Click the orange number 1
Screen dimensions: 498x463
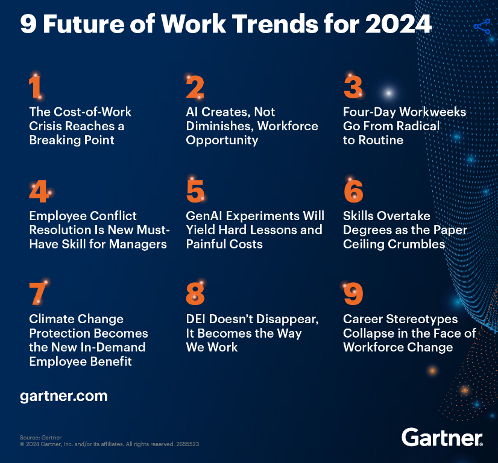[35, 87]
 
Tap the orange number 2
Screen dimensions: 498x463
[195, 87]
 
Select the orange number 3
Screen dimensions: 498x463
[353, 87]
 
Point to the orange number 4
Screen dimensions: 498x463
[39, 191]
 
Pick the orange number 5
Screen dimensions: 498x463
[195, 191]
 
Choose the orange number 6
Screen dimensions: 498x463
[353, 191]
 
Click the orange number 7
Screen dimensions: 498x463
[38, 294]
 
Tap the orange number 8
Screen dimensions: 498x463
[195, 294]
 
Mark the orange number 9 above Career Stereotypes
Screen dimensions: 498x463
[353, 294]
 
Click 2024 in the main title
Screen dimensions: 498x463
[399, 24]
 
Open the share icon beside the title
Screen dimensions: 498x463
[482, 27]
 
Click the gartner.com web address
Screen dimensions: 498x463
[63, 396]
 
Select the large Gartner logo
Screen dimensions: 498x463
[442, 437]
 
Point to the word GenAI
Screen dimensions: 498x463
[204, 216]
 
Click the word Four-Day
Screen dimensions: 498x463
[370, 112]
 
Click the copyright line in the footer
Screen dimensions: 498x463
[109, 444]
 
